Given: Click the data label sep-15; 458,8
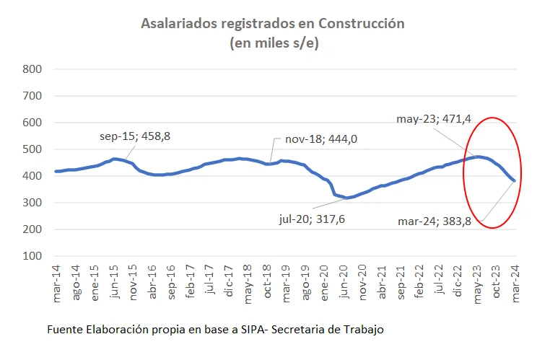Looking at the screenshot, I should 134,136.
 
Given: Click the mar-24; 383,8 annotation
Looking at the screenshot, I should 434,221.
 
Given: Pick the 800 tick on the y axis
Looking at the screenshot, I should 33,69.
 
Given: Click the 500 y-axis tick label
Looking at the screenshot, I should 33,149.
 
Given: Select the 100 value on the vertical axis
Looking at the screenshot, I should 33,256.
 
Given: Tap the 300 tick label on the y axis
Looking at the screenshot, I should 33,203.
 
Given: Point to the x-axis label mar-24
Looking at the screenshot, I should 515,281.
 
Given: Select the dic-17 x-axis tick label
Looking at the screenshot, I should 228,281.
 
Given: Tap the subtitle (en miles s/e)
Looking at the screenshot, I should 274,43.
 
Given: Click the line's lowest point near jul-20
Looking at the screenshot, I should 347,198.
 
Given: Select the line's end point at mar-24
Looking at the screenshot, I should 514,180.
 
